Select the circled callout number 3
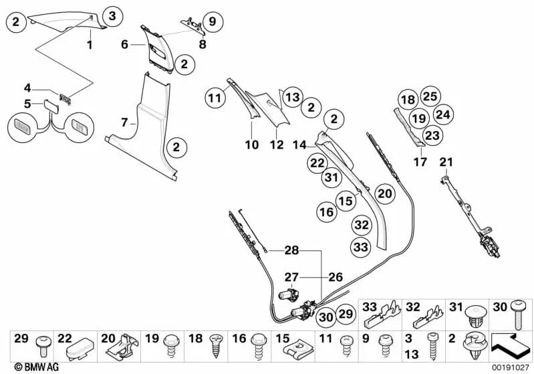click(x=112, y=16)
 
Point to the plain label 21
click(x=446, y=161)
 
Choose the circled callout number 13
click(x=292, y=98)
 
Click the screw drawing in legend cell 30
click(x=521, y=313)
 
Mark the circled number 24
click(x=442, y=113)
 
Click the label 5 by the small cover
click(x=27, y=104)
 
